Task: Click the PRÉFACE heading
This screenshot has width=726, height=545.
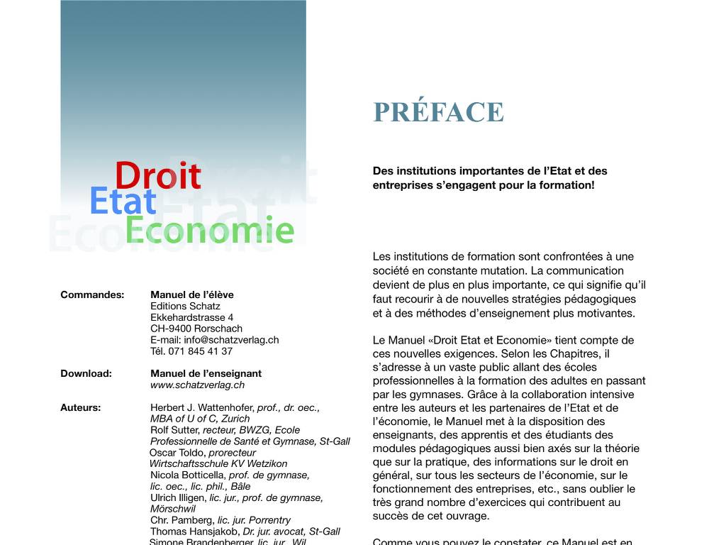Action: [438, 112]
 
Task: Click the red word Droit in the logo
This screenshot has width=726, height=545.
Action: [157, 176]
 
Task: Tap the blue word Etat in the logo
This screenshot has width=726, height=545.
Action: [122, 202]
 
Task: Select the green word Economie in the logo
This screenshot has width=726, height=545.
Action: [209, 231]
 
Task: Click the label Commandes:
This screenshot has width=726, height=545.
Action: [92, 294]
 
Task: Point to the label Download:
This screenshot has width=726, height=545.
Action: [86, 373]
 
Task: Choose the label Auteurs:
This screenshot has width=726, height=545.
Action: [81, 407]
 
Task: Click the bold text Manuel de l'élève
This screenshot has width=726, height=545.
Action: [191, 294]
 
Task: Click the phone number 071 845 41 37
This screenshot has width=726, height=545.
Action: [201, 351]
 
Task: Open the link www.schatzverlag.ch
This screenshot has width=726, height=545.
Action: [197, 385]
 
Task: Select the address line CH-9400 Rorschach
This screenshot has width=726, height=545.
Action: [196, 329]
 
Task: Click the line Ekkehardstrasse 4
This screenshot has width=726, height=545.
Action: [191, 317]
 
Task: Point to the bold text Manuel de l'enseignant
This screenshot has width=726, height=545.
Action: [206, 373]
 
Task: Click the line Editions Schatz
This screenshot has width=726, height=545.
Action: [185, 306]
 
